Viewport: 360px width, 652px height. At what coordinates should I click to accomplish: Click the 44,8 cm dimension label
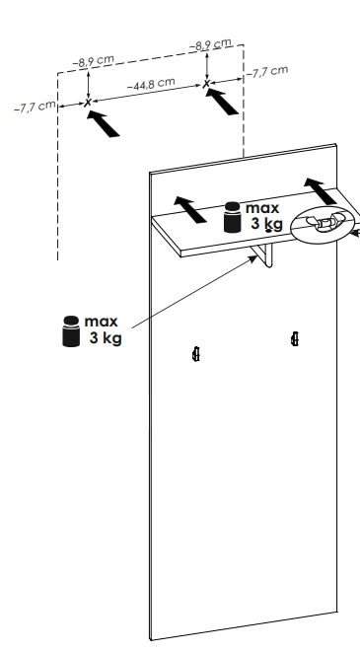click(151, 83)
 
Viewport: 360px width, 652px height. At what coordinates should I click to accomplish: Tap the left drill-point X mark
click(88, 103)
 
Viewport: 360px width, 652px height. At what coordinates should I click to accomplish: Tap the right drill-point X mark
click(206, 84)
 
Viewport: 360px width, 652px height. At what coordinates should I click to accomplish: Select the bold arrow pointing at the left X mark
click(104, 123)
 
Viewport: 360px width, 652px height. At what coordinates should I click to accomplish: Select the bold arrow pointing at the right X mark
click(222, 102)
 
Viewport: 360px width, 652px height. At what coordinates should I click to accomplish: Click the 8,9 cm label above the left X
click(93, 61)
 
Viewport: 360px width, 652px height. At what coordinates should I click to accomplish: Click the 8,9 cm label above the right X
click(210, 44)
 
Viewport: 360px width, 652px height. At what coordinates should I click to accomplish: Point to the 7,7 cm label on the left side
click(35, 107)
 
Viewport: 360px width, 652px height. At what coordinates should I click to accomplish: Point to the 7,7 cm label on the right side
click(267, 72)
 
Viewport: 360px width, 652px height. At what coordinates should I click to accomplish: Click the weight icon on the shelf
click(232, 217)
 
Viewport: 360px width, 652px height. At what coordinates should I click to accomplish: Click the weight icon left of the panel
click(71, 331)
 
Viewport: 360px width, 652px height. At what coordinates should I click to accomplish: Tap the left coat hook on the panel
click(196, 354)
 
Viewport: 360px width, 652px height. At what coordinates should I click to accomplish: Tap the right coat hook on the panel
click(295, 339)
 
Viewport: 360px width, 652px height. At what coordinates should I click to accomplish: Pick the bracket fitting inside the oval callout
click(324, 222)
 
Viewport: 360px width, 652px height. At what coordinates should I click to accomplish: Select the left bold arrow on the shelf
click(190, 209)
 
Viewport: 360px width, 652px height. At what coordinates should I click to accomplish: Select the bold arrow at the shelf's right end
click(321, 191)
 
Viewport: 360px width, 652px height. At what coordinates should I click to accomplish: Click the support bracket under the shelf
click(262, 255)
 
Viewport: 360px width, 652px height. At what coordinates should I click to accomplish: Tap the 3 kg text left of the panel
click(106, 338)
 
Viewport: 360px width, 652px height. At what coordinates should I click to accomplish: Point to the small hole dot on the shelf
click(268, 230)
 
